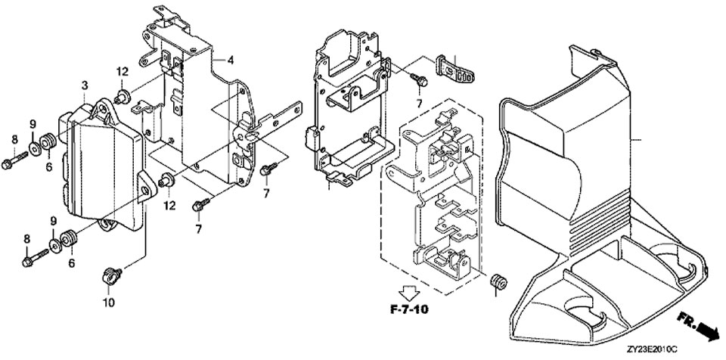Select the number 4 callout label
[231, 60]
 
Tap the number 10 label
[108, 303]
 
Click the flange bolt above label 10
[110, 275]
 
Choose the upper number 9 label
[33, 123]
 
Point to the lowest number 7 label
[198, 228]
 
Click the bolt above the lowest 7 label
[200, 203]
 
